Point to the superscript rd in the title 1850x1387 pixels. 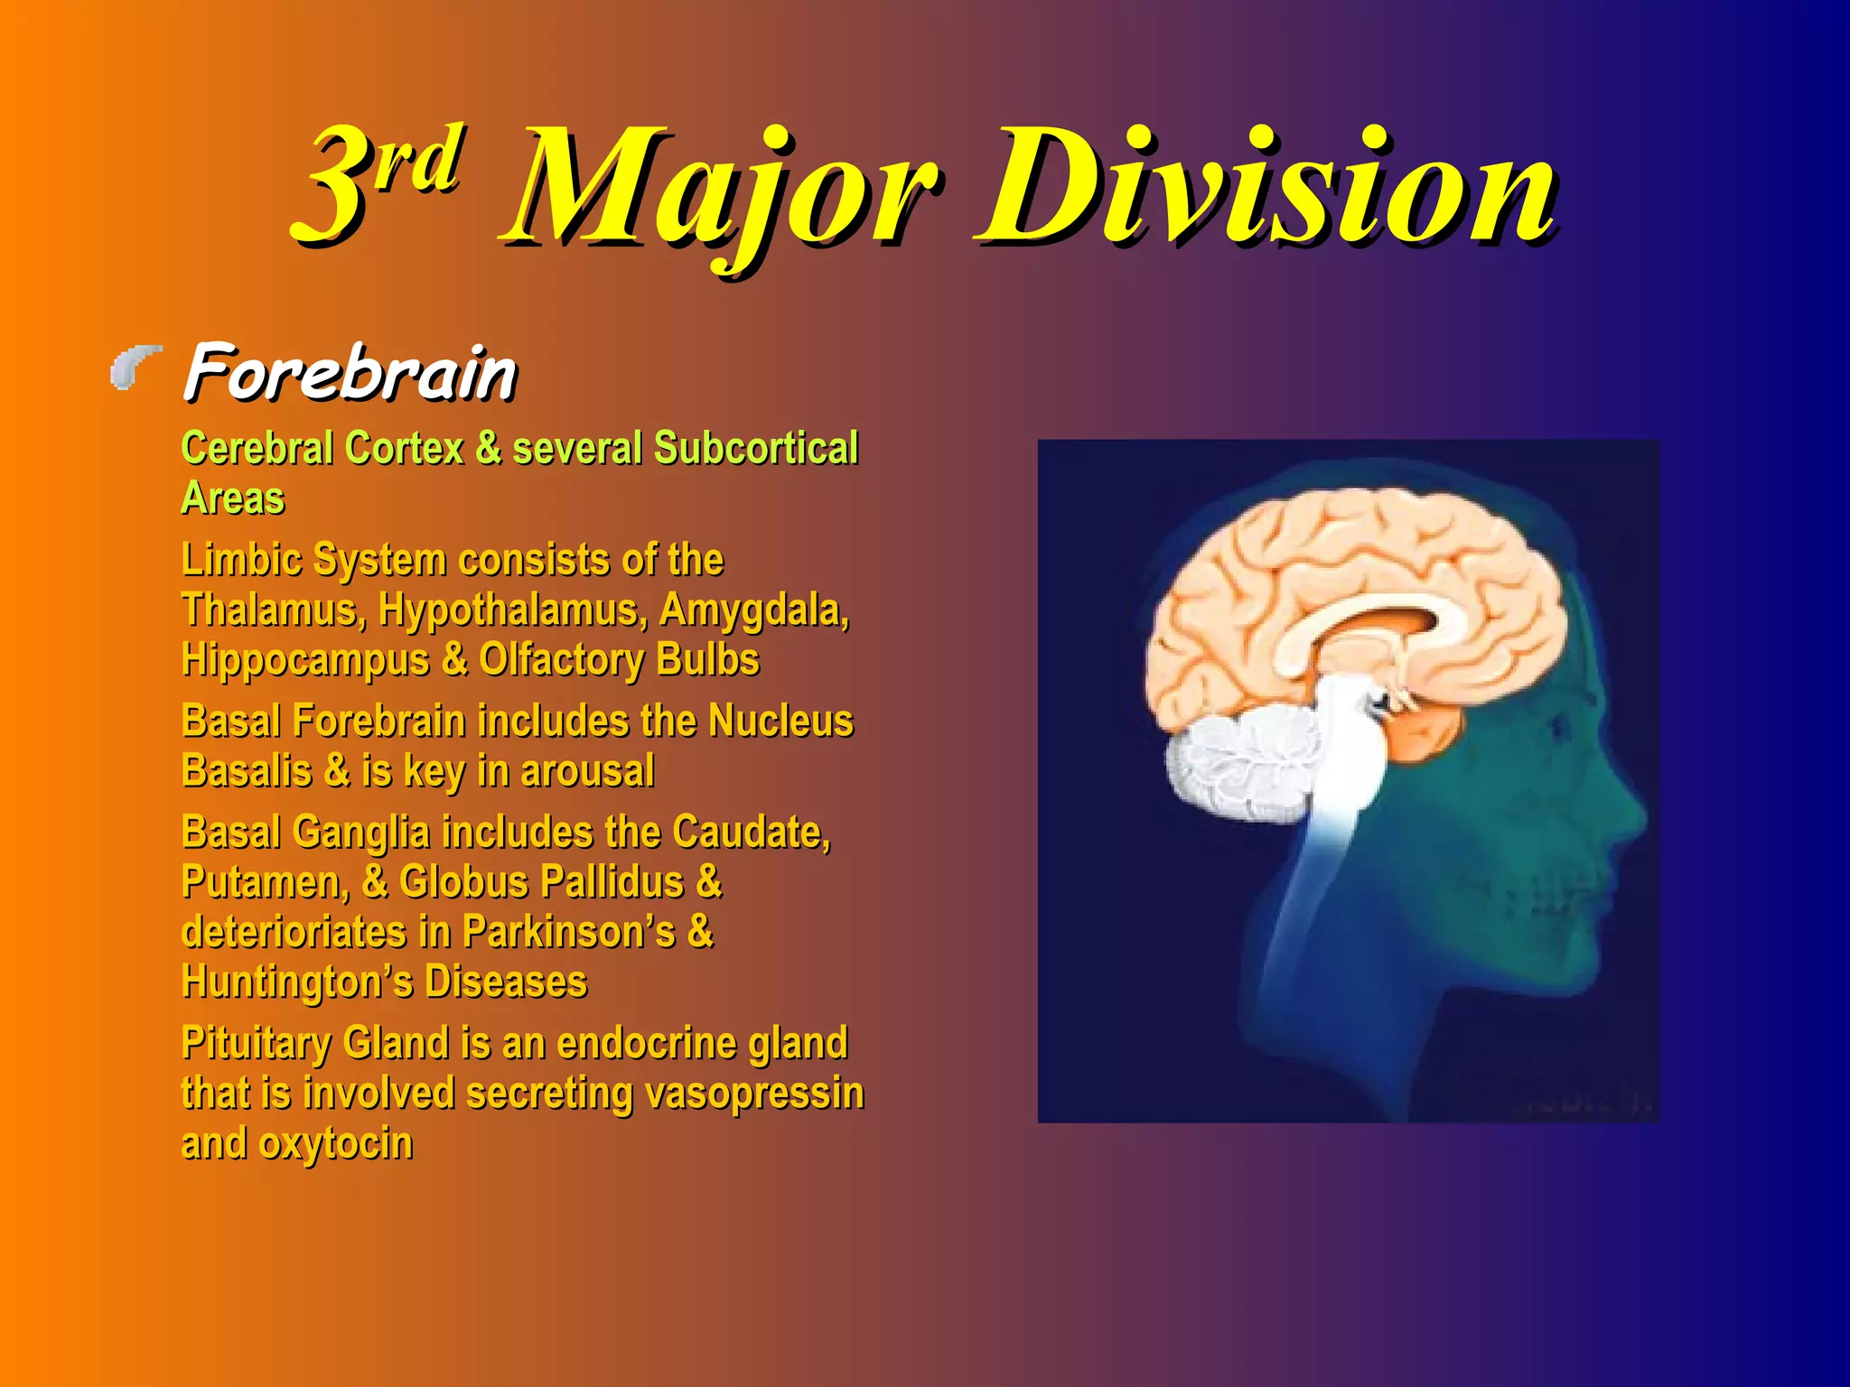tap(420, 158)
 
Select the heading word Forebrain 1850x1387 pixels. tap(350, 372)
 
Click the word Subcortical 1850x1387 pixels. tap(756, 449)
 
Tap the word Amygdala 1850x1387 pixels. tap(754, 610)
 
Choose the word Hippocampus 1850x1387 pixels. tap(305, 660)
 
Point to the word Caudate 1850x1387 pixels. tap(751, 833)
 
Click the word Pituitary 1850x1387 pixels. tap(257, 1044)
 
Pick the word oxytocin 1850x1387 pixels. tap(336, 1144)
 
